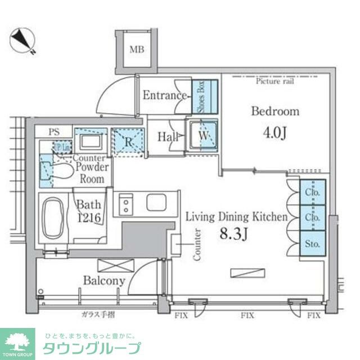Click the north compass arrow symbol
click(23, 40)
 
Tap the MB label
click(137, 49)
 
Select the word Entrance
click(164, 95)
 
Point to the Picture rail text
click(275, 81)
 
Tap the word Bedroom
click(275, 111)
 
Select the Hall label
click(168, 136)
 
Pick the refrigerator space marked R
click(127, 141)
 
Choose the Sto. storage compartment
click(312, 244)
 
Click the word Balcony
click(105, 280)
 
